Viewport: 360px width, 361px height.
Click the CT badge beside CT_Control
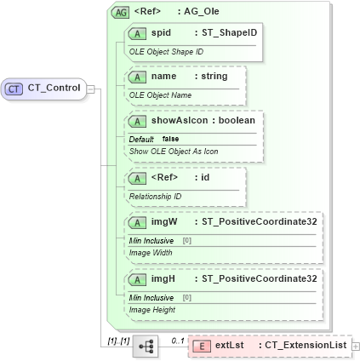point(14,87)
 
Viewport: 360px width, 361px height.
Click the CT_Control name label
point(54,87)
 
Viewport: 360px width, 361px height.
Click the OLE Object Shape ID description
point(165,52)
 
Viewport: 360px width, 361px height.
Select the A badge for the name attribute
point(136,77)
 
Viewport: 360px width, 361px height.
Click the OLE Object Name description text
point(159,95)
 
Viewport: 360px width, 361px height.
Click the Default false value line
point(154,139)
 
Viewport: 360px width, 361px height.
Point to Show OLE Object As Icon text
point(174,151)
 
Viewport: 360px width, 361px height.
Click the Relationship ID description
point(155,196)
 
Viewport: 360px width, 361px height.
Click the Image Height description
point(151,309)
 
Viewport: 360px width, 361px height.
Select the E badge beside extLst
point(201,347)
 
